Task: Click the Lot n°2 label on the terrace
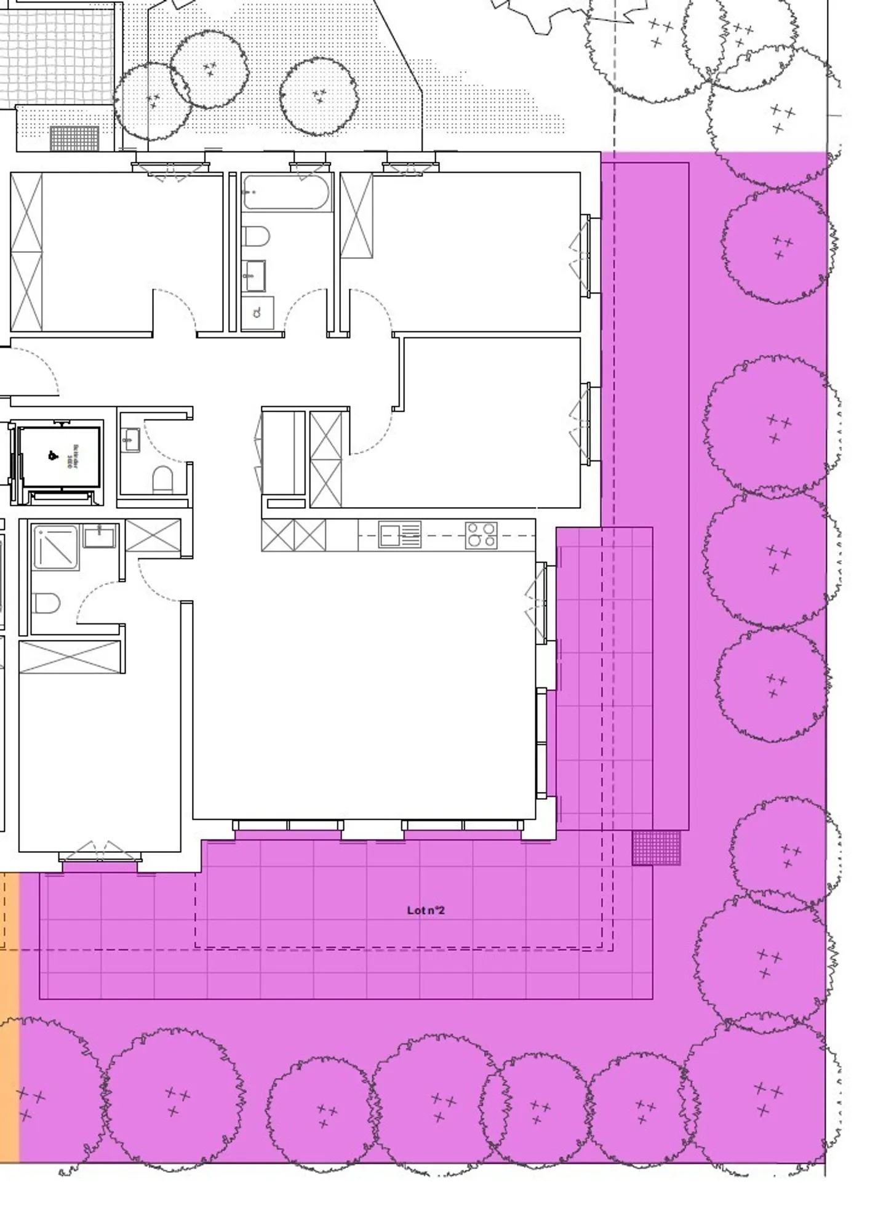tap(426, 910)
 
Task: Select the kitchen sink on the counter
tap(399, 535)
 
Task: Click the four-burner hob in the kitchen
tap(481, 535)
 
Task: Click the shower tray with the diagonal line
tap(55, 546)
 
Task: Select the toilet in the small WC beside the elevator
tap(162, 479)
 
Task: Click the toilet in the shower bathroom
tap(47, 602)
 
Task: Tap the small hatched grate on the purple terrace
tap(657, 847)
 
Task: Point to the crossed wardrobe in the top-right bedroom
tap(357, 215)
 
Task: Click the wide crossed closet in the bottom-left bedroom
tap(70, 657)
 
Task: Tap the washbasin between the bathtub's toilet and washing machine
tap(254, 275)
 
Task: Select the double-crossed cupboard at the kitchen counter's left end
tap(293, 535)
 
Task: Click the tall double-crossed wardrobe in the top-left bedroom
tap(26, 252)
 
